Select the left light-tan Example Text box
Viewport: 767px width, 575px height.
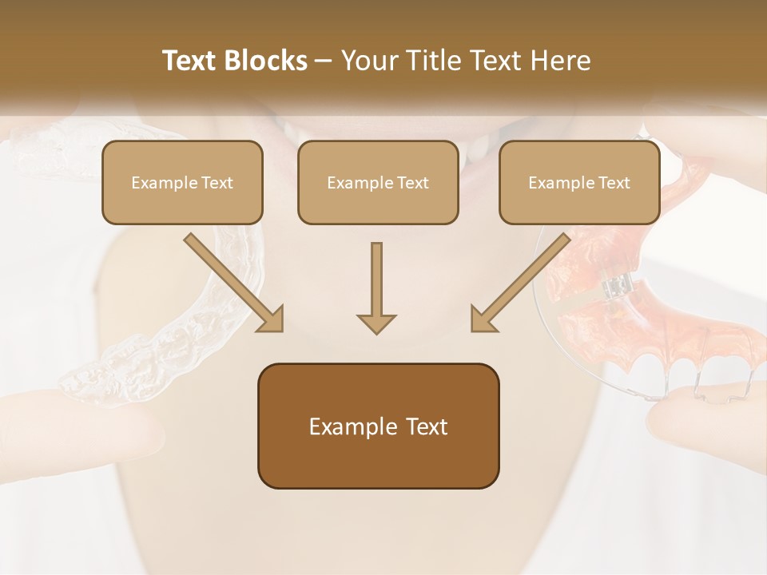(182, 182)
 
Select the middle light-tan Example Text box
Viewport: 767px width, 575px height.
(378, 182)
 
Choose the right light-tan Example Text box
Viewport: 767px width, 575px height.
(579, 182)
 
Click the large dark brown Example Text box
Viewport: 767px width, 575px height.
(378, 426)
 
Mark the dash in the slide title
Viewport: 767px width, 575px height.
(324, 61)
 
